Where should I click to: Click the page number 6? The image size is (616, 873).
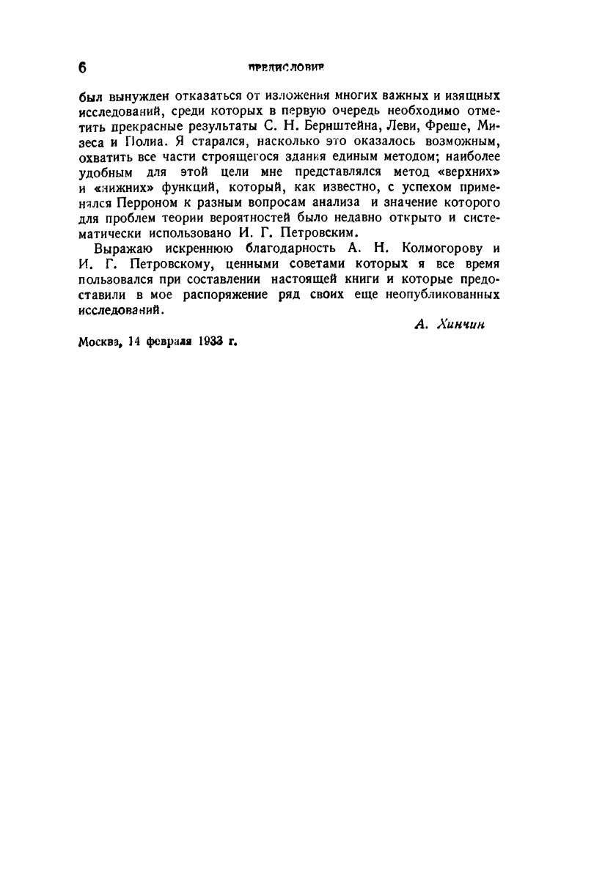[x=81, y=68]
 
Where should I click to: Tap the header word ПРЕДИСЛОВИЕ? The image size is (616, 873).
[x=286, y=67]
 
